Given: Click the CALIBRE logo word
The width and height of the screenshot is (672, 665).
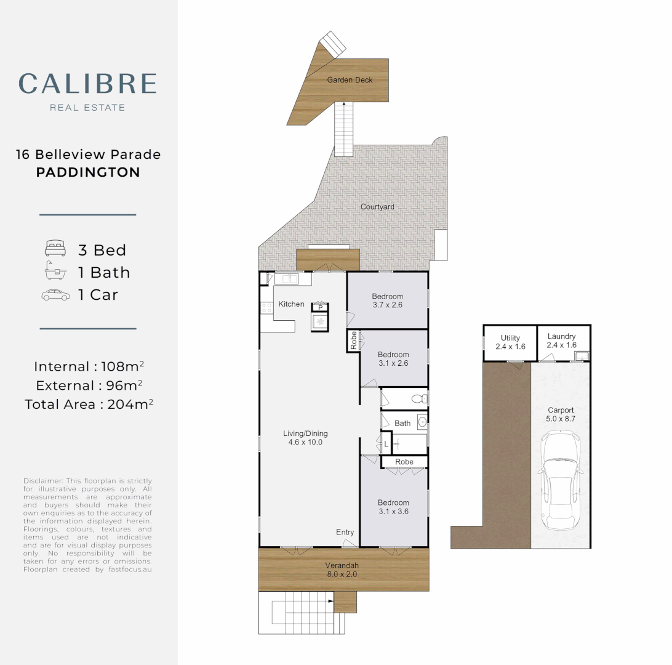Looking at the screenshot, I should (87, 84).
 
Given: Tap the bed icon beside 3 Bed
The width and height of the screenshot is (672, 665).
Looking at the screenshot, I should (55, 249).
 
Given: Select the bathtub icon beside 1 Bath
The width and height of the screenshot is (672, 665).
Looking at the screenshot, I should (55, 272).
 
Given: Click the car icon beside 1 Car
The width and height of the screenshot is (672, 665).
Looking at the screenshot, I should (55, 295).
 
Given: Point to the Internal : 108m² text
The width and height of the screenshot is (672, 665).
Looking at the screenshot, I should (89, 366).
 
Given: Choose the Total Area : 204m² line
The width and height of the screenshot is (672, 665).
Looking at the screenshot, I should (89, 405).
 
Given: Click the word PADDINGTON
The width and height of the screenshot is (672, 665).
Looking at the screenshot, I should (88, 172).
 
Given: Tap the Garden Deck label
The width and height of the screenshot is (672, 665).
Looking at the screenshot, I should (350, 80).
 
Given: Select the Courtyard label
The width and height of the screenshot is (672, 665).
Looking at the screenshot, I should (377, 207).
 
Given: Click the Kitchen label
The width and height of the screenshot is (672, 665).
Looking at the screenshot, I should (291, 304).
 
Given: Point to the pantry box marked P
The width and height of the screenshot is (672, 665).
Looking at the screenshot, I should (320, 307).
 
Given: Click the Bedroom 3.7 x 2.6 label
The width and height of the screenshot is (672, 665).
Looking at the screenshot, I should (387, 300).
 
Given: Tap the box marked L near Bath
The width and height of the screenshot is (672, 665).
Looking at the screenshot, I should (386, 443).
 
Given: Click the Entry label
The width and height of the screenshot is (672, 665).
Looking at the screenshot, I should (345, 532).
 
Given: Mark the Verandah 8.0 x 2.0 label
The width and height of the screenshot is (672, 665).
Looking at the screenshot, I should (342, 570).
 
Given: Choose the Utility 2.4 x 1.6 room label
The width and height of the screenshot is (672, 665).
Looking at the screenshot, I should (510, 342).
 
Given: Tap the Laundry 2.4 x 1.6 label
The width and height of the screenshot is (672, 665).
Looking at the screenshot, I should (561, 341).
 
